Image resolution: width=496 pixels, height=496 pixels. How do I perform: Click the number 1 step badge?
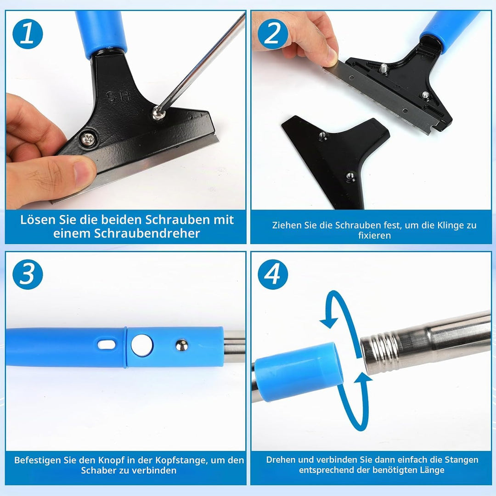coord(28,34)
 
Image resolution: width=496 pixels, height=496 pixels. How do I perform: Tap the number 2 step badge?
coord(273,34)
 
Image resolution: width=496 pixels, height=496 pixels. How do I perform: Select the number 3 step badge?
coord(28,274)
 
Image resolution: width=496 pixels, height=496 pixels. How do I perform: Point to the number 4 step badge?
coord(273,274)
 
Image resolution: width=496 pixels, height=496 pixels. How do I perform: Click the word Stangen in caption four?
coord(462,460)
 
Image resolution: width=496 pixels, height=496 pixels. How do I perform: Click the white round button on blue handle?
coord(142,345)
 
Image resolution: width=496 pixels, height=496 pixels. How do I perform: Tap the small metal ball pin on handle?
coord(181,345)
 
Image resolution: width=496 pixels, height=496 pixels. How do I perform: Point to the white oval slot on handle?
coord(106,345)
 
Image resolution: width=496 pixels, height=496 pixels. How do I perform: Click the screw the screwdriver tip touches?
coord(157,113)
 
